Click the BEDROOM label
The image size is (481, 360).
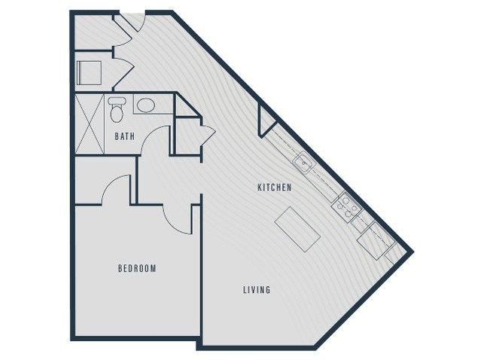click(137, 269)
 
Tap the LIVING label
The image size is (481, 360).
click(257, 290)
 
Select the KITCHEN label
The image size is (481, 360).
click(275, 188)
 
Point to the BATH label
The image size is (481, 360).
click(124, 136)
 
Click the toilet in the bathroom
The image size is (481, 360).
click(117, 108)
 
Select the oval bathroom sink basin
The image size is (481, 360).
click(146, 105)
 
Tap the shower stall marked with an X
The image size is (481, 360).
click(90, 124)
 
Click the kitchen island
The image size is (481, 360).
click(297, 229)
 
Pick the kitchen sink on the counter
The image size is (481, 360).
click(304, 163)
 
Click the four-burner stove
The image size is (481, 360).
click(347, 207)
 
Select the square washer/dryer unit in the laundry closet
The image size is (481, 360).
click(89, 73)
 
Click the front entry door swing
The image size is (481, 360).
click(132, 22)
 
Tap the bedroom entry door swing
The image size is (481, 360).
click(177, 221)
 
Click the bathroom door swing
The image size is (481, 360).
click(155, 141)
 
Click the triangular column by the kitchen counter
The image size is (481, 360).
click(266, 121)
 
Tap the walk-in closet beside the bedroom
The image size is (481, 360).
click(105, 179)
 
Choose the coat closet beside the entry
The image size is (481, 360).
click(93, 32)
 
